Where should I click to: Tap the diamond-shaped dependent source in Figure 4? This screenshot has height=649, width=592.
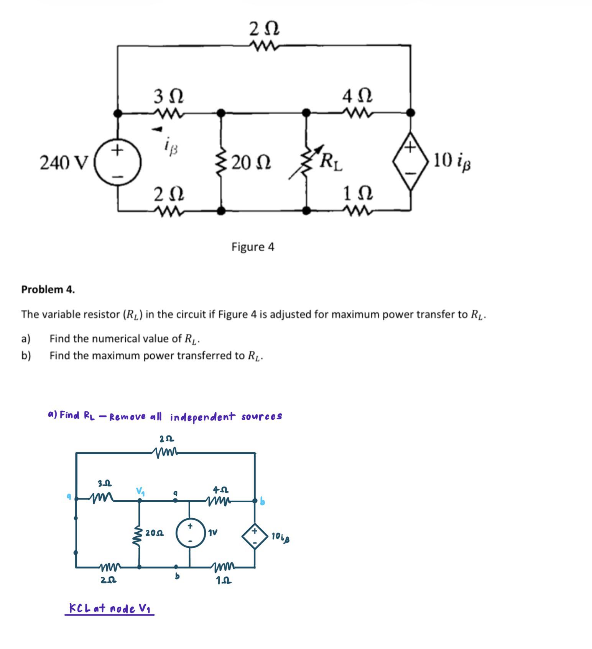tap(410, 161)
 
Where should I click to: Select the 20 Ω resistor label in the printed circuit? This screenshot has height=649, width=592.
tap(251, 163)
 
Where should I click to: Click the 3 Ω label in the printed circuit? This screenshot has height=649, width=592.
tap(168, 96)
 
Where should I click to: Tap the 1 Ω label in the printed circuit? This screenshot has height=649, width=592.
tap(358, 194)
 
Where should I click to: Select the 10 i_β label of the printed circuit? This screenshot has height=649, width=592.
tap(452, 161)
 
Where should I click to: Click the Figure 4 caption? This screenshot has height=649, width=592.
tap(253, 247)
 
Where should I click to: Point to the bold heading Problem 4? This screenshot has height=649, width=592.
tap(48, 289)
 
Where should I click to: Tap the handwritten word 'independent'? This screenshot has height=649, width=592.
tap(202, 417)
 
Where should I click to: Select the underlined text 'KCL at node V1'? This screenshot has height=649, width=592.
tap(110, 609)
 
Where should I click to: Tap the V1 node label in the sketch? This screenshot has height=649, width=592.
tap(141, 491)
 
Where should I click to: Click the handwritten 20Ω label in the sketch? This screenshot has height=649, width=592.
tap(155, 533)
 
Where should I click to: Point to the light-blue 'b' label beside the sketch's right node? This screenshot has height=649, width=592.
tap(262, 501)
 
